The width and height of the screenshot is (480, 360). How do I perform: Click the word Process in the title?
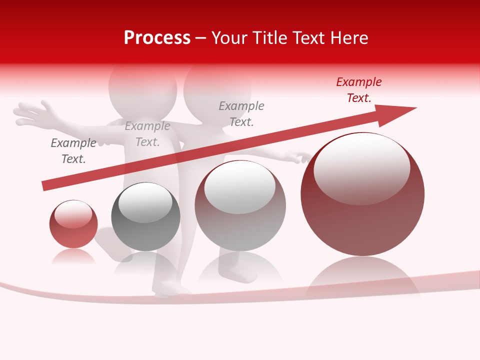click(157, 38)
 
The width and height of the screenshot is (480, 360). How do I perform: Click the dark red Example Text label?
click(358, 90)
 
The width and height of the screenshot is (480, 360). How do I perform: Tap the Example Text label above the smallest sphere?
click(73, 151)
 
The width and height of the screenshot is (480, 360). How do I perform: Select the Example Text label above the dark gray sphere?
click(147, 134)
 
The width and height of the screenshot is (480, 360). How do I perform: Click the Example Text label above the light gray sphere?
click(241, 113)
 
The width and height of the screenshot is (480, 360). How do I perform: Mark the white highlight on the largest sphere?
click(361, 167)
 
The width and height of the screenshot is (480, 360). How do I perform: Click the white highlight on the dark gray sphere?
click(145, 202)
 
